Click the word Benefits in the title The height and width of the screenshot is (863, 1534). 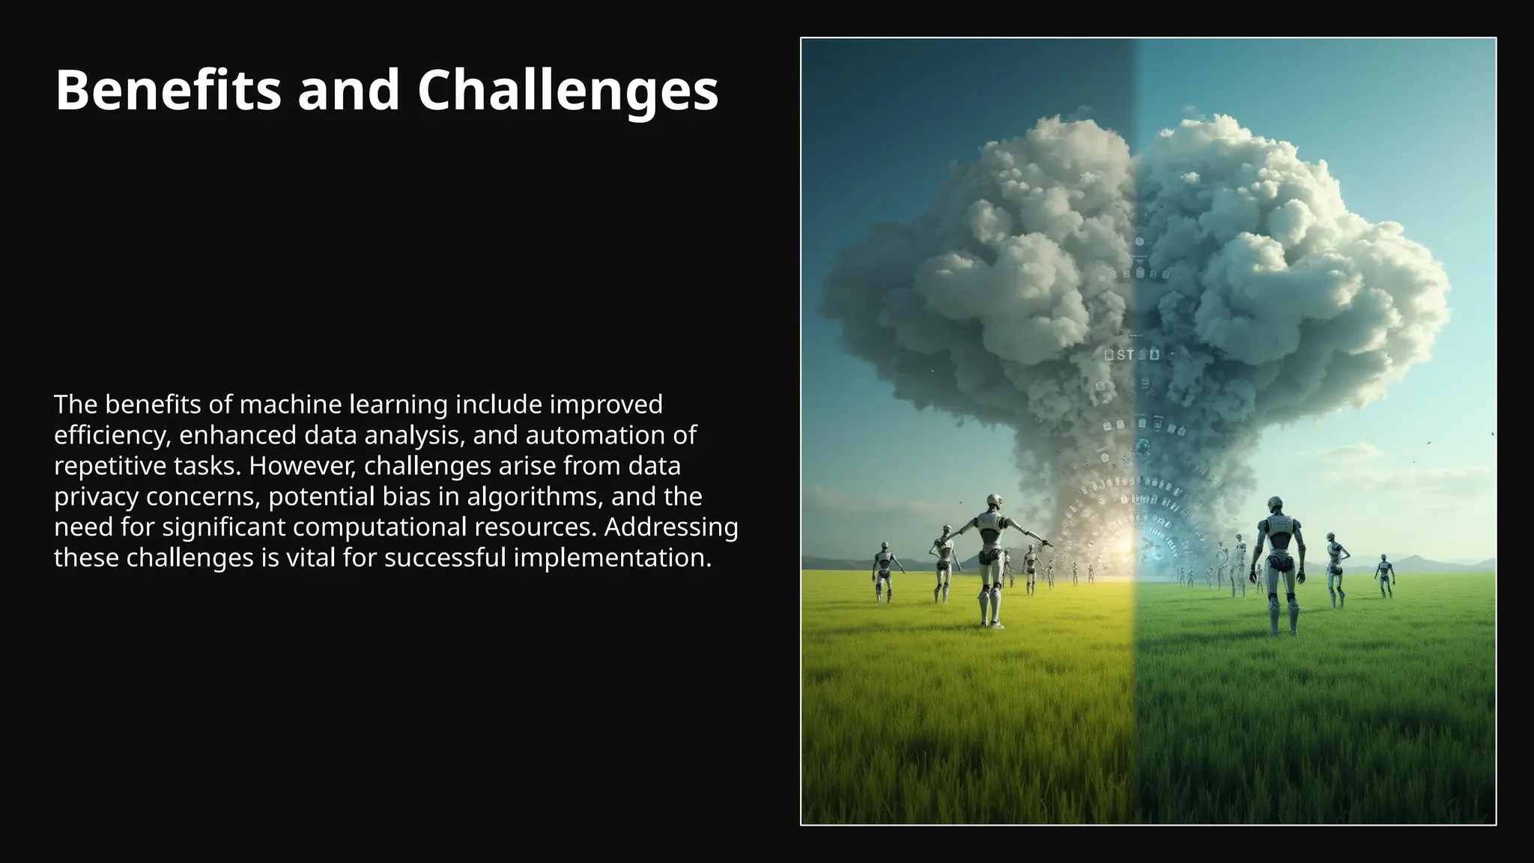click(x=168, y=91)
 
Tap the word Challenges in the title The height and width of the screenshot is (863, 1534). click(x=567, y=91)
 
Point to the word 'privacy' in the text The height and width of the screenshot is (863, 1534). click(x=96, y=497)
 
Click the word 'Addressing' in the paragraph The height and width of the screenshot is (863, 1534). click(x=671, y=527)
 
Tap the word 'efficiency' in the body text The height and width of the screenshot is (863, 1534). click(x=112, y=435)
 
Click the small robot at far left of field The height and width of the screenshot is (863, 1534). click(x=884, y=569)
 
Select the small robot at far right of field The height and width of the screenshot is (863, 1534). click(x=1384, y=573)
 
